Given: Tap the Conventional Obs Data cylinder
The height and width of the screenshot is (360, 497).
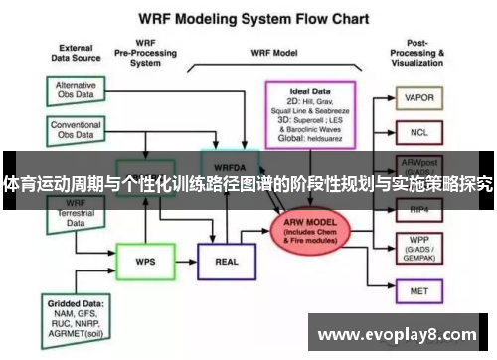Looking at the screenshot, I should [x=77, y=131].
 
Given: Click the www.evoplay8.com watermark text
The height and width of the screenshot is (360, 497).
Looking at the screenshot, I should [x=397, y=335].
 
